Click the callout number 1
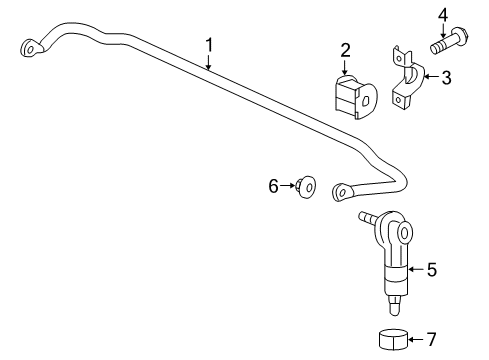coord(209,44)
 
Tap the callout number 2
coord(345,50)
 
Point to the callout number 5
coord(431,269)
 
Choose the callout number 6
coord(272,185)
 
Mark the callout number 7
coord(431,339)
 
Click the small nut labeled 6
coord(307,186)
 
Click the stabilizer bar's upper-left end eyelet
coord(30,46)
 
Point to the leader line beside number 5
coord(414,269)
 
